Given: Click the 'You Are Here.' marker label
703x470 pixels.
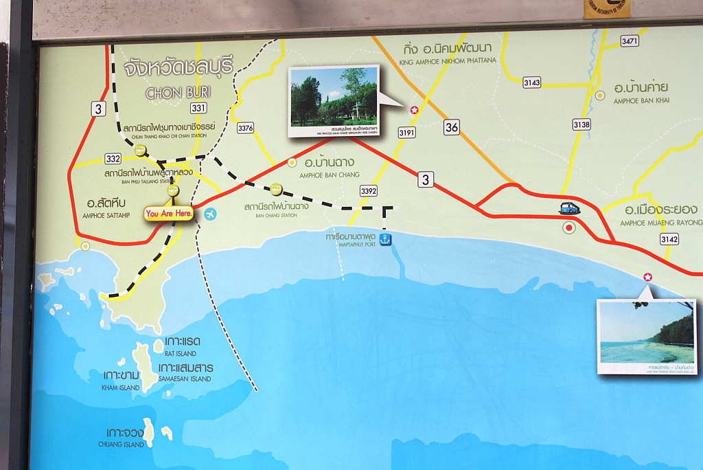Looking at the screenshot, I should coord(169,214).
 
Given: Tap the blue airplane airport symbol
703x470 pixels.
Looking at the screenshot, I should coord(210,214).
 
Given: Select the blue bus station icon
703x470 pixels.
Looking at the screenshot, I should coord(569,208).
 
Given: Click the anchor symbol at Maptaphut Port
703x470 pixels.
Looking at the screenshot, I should coord(386,239).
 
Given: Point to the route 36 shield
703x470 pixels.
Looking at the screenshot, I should coord(451,126).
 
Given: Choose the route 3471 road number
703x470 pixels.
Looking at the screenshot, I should coord(630,41).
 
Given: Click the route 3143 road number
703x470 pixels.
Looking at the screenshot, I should coord(531,82).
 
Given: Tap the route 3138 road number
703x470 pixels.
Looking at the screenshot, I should coord(581,124).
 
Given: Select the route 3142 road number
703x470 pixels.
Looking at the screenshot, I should coord(669,239).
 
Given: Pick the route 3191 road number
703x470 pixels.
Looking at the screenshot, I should coord(406,133).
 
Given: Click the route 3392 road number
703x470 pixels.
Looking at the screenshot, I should coord(369,191).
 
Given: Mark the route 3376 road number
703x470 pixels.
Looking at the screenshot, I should coord(245,128).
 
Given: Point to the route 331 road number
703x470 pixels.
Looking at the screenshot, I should coord(198,108).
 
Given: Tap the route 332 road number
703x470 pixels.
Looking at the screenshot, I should coord(113,159).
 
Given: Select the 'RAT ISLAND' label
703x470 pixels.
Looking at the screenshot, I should coord(181,353).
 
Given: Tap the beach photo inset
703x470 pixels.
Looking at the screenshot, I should coord(645,335).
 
